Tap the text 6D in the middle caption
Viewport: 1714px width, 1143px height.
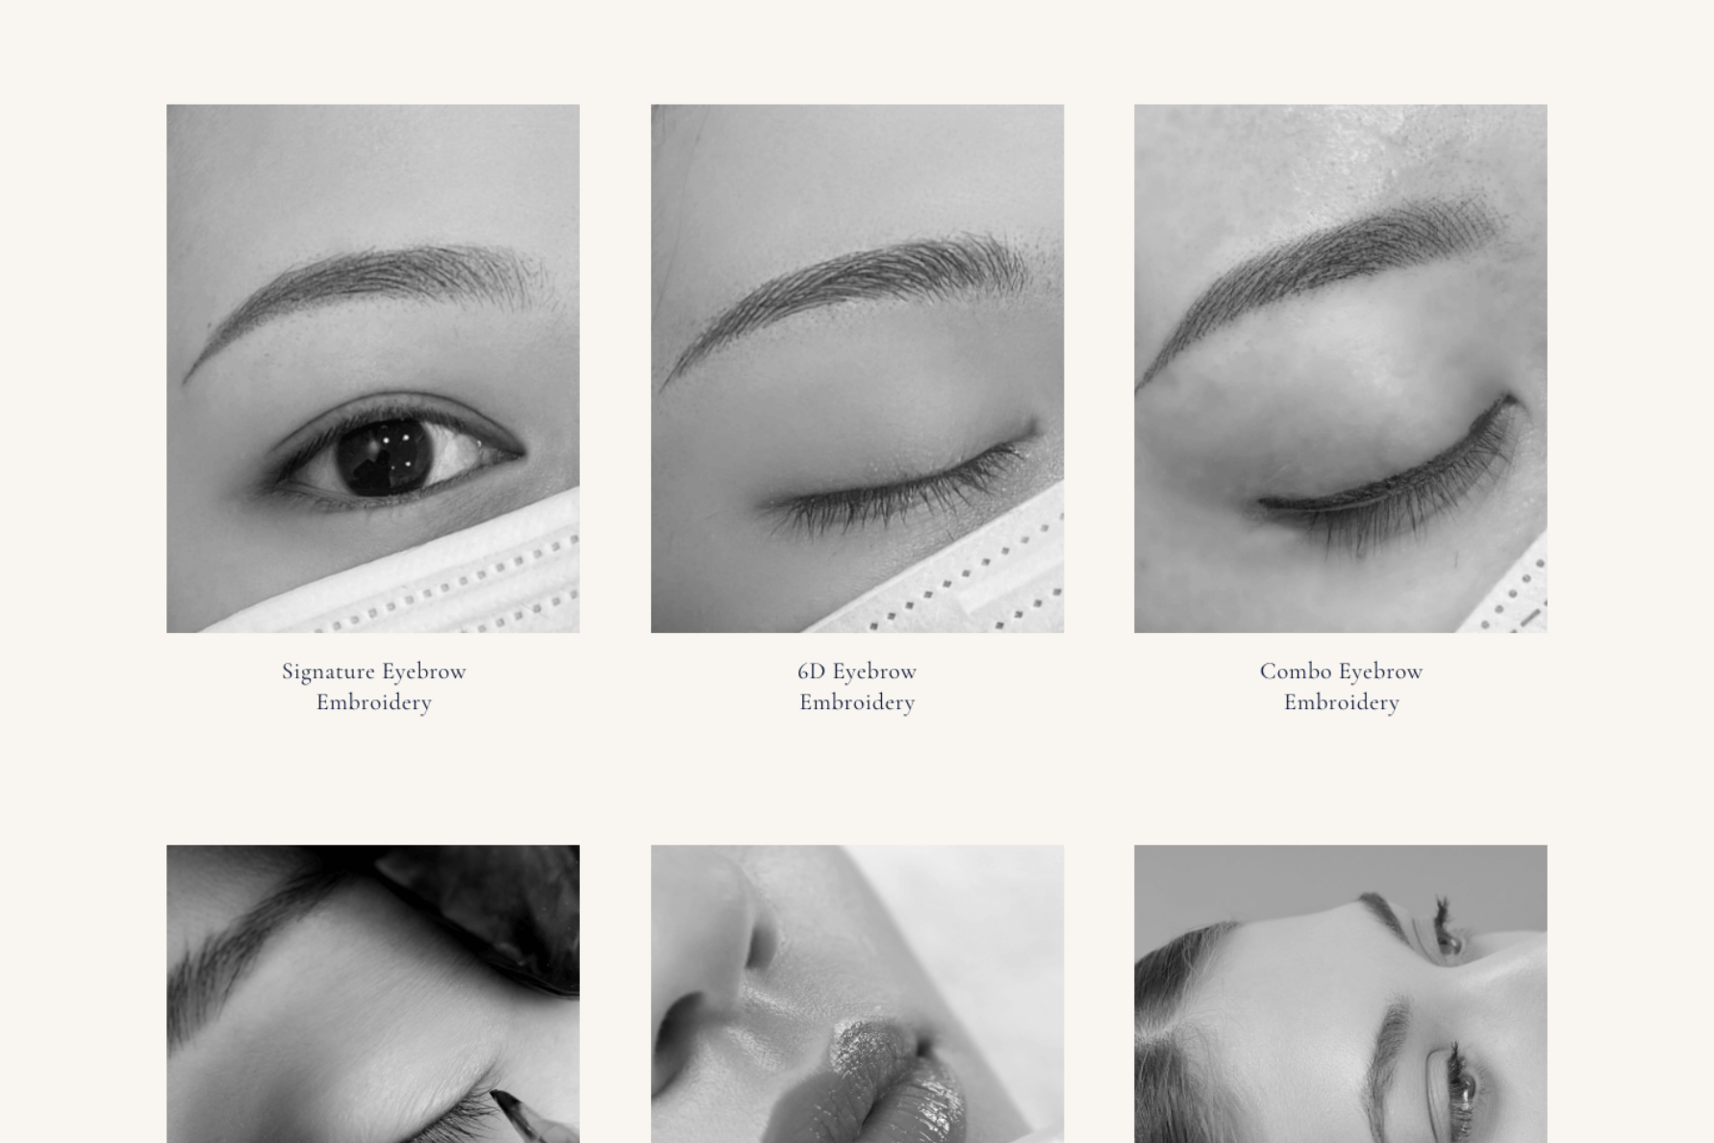click(811, 672)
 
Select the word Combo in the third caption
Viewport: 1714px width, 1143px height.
click(1296, 672)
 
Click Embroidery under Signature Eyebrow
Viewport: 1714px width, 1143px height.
click(374, 702)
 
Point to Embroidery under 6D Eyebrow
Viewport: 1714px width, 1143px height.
click(857, 702)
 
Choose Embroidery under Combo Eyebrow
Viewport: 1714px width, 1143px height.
click(1342, 702)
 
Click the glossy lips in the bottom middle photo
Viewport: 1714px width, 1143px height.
click(870, 1082)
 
